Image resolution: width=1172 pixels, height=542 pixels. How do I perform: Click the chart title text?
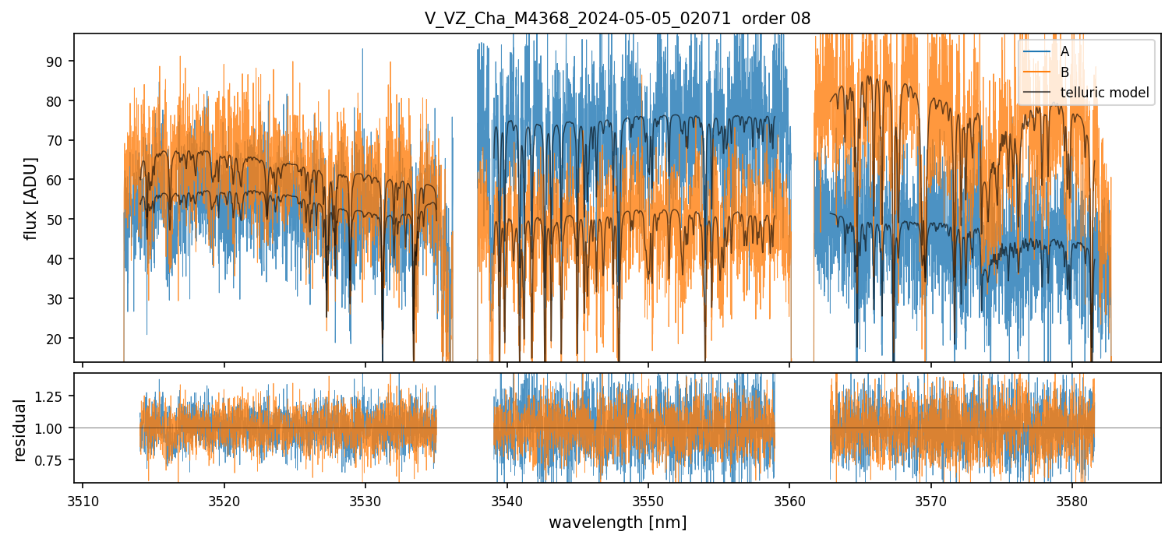click(x=617, y=19)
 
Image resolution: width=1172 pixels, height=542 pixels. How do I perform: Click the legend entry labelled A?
click(x=1064, y=51)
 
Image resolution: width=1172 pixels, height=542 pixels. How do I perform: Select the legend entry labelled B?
click(x=1064, y=72)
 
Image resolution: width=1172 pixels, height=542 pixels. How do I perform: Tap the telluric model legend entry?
click(x=1104, y=93)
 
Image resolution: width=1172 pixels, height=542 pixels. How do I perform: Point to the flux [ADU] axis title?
click(x=31, y=198)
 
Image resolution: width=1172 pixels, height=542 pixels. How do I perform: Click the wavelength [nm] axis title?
click(x=617, y=523)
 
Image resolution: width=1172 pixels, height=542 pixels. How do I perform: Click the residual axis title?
click(x=21, y=430)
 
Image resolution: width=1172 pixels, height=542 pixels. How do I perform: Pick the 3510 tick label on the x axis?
click(x=83, y=499)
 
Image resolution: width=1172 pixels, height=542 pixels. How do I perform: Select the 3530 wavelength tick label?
click(x=365, y=499)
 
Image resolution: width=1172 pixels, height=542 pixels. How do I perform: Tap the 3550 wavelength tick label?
click(x=648, y=499)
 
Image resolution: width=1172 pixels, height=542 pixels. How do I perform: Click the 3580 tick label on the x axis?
click(x=1071, y=499)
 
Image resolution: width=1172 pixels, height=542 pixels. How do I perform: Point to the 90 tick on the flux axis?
click(x=60, y=62)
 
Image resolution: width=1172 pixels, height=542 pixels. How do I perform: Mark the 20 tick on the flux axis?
click(x=60, y=339)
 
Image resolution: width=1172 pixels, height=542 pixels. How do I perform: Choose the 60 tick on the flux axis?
click(x=60, y=180)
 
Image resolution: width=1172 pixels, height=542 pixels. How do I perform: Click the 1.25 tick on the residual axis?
click(x=55, y=396)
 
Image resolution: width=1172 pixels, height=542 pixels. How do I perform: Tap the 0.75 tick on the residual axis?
click(x=55, y=460)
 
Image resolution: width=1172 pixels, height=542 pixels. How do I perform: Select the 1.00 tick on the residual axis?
click(x=55, y=428)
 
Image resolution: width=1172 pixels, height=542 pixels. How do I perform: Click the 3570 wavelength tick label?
click(x=930, y=499)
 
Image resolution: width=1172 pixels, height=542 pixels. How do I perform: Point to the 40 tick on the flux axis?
click(x=60, y=259)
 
